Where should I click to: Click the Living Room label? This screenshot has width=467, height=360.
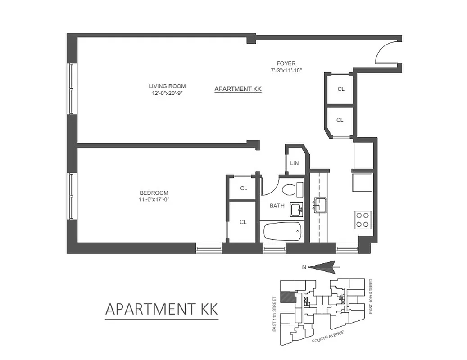pos(167,86)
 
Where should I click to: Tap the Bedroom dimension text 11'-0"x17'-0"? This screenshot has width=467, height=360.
pos(154,199)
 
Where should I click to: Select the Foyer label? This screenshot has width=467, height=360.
pos(286,63)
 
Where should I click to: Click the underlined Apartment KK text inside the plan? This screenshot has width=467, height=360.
pos(238,89)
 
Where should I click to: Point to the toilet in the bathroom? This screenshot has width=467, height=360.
pos(289,189)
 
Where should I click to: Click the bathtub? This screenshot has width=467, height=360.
pos(282,233)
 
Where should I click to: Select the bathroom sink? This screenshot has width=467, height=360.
pos(296,209)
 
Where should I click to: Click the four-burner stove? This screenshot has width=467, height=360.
pos(363,220)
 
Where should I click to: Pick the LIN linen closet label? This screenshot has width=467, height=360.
pos(295,163)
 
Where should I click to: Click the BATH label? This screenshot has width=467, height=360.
pos(277,206)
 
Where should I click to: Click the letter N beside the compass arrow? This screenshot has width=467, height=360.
pos(304,267)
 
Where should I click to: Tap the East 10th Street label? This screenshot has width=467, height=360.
pos(370,297)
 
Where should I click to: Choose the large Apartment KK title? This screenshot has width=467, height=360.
pos(161,309)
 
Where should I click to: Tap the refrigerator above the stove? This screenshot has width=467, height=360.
pos(363,182)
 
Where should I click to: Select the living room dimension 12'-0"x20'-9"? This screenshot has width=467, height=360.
pos(167,94)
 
